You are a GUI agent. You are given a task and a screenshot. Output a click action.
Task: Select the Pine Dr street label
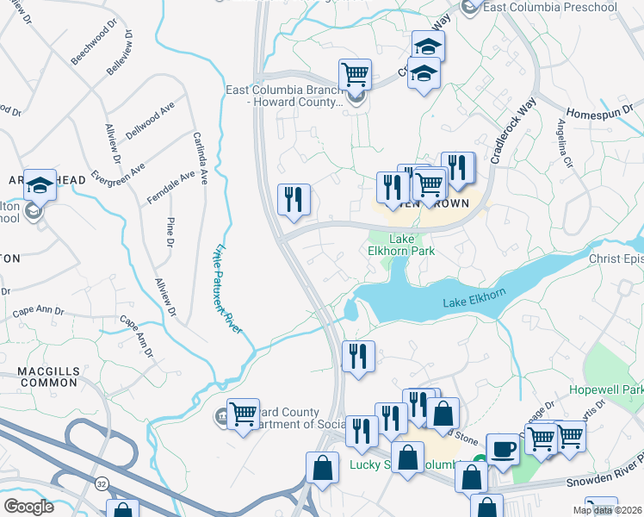(170, 233)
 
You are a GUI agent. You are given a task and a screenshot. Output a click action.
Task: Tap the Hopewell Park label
(606, 389)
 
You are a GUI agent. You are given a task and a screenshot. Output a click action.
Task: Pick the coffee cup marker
(502, 448)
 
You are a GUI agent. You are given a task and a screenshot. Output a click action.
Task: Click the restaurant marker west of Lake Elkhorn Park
(294, 200)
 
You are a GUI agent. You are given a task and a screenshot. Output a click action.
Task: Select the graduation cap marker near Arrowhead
(40, 184)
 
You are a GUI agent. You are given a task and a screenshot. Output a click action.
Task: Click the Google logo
(28, 507)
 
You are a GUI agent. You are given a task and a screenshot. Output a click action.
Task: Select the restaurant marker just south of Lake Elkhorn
(358, 355)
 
